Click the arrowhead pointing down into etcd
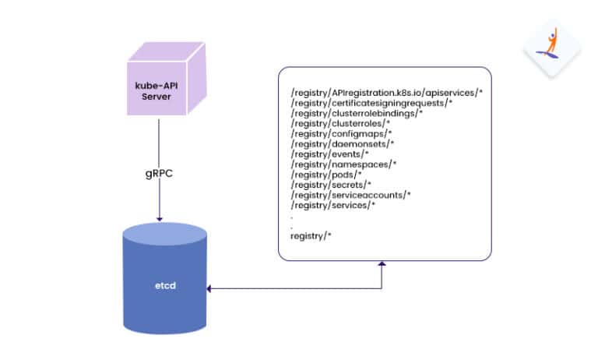(158, 220)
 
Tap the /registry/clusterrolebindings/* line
(356, 114)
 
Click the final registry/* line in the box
(311, 235)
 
